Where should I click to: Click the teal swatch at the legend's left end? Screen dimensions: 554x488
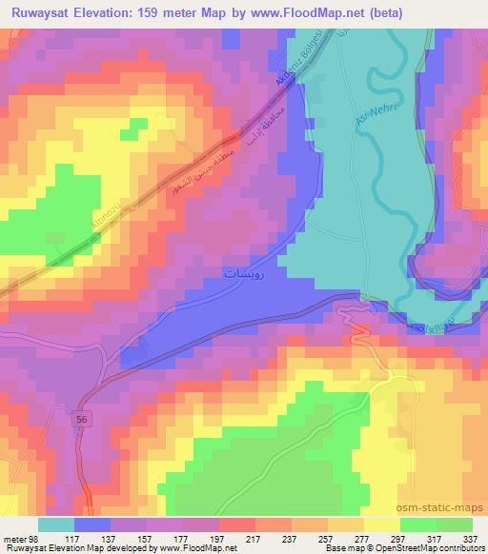(x=56, y=524)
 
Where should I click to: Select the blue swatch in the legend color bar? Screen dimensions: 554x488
(x=92, y=524)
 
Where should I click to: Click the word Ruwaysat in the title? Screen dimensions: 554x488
(x=41, y=13)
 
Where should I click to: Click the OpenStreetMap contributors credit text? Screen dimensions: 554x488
(x=429, y=548)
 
